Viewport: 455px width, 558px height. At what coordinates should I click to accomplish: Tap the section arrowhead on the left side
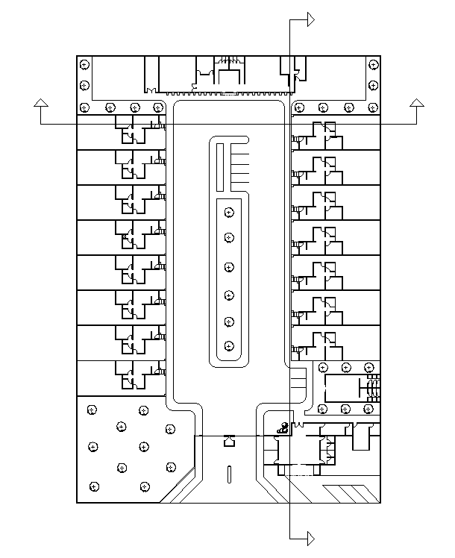tap(42, 103)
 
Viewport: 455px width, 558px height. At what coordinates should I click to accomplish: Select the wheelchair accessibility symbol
tap(283, 427)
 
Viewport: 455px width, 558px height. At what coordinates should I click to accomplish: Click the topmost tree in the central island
tap(229, 213)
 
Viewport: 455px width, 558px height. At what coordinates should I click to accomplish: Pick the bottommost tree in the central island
tap(229, 346)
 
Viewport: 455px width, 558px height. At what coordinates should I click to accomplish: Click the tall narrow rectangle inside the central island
tap(220, 165)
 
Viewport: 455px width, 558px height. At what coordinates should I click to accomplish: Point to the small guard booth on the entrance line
tap(229, 441)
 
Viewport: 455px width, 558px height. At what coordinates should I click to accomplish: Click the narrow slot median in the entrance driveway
tap(229, 474)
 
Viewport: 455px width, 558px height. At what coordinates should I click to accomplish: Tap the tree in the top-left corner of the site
tap(84, 66)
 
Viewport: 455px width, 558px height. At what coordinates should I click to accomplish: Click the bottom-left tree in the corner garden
tap(94, 486)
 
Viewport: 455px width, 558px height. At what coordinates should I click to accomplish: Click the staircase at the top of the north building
tap(230, 60)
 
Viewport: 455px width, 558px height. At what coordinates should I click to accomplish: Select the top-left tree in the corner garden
tap(92, 410)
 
